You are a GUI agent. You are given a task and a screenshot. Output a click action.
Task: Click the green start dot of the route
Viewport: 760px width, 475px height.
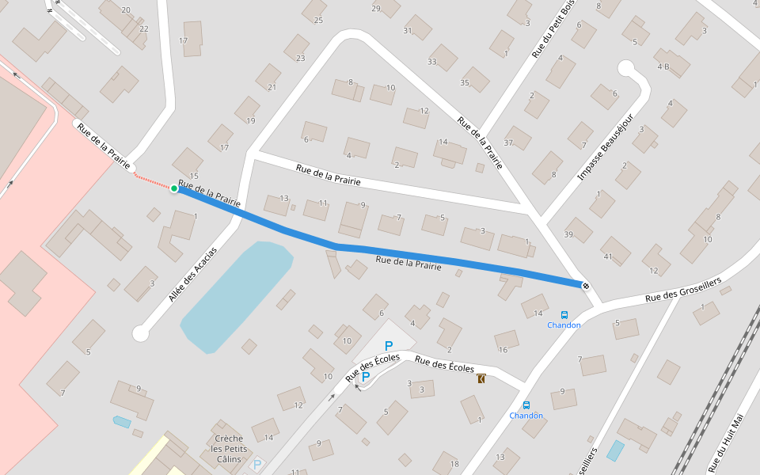coord(174,188)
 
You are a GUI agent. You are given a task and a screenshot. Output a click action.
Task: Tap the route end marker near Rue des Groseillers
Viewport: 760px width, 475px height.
coord(586,286)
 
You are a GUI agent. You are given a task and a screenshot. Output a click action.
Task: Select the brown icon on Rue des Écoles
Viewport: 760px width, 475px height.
coord(482,379)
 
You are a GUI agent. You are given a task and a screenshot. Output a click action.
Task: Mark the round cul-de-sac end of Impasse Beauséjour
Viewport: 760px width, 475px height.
coord(626,69)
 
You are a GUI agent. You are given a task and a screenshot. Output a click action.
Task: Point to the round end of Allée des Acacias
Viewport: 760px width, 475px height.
coord(141,334)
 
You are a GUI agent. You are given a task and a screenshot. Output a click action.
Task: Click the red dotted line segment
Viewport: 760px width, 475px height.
coord(153,181)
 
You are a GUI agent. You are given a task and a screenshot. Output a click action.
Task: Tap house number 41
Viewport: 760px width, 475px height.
coord(608,256)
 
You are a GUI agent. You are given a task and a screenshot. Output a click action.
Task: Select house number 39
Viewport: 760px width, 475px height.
coord(568,234)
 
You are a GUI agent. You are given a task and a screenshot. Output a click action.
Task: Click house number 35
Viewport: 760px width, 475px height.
coord(465,82)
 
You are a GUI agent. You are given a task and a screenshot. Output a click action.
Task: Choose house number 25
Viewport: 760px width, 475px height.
coord(318,20)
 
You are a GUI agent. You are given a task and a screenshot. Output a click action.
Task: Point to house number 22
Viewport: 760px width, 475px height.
coord(143,28)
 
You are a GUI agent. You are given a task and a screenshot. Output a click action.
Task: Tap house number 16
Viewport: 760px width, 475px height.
coord(503,349)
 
